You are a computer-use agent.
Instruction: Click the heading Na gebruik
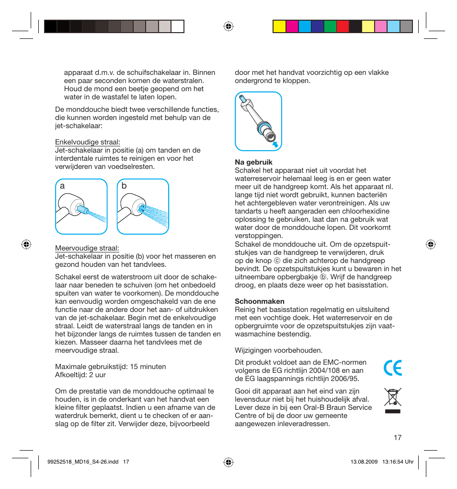(x=253, y=162)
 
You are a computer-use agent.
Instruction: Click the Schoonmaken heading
(x=259, y=301)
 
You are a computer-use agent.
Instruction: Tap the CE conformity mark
(x=393, y=368)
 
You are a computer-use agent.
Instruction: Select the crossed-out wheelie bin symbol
(x=393, y=400)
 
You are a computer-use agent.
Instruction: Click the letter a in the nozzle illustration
(x=62, y=186)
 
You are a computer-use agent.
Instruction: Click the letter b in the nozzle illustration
(x=124, y=186)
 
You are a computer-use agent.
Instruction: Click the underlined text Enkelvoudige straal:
(x=88, y=142)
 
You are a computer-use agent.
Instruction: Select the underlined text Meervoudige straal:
(x=87, y=248)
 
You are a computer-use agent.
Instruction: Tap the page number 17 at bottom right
(x=398, y=438)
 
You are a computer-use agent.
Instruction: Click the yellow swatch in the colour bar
(x=279, y=26)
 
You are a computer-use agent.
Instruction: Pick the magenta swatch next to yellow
(x=292, y=26)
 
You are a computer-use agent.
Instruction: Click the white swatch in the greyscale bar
(x=178, y=26)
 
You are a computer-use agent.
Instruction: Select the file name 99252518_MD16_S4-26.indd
(x=84, y=462)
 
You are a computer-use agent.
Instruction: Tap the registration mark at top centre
(x=228, y=26)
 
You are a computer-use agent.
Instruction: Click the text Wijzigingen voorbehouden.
(x=278, y=350)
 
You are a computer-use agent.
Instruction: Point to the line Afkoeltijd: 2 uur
(x=80, y=375)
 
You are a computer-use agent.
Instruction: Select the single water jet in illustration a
(x=96, y=214)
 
